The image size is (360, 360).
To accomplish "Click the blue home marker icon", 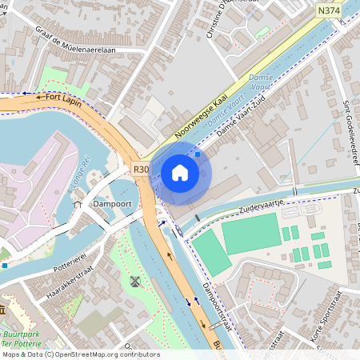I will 180,172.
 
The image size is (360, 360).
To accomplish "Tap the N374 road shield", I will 328,10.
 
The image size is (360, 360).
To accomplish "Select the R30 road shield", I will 141,169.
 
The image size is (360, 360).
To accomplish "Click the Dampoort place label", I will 112,204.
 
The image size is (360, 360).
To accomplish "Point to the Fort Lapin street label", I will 64,97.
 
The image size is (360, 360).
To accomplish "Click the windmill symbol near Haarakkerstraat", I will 135,282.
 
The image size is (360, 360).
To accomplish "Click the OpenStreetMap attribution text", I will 80,354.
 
